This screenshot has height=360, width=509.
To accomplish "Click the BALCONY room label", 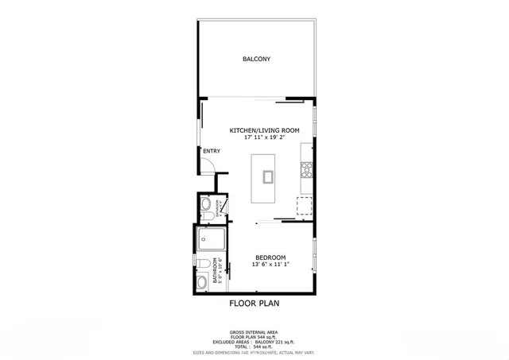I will [256, 59].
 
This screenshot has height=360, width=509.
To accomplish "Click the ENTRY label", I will [212, 151].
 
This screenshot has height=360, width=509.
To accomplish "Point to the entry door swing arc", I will [208, 165].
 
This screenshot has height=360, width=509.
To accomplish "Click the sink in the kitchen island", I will [266, 176].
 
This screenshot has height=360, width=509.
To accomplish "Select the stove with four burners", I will [306, 168].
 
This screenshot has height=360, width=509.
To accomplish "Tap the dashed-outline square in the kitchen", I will [305, 206].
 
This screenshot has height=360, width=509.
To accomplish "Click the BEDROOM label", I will [270, 257].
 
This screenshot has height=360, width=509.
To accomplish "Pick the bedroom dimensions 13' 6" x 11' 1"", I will [270, 265].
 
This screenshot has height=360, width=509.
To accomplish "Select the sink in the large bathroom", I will [201, 281].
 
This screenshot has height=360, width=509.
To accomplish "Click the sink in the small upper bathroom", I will [205, 204].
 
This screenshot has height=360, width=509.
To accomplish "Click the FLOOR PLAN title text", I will [254, 303].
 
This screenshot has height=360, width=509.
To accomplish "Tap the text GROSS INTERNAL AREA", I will [254, 332].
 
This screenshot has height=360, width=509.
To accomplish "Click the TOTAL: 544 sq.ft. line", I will [254, 346].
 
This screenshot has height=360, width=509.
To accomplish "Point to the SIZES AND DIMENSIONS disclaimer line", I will [254, 352].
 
